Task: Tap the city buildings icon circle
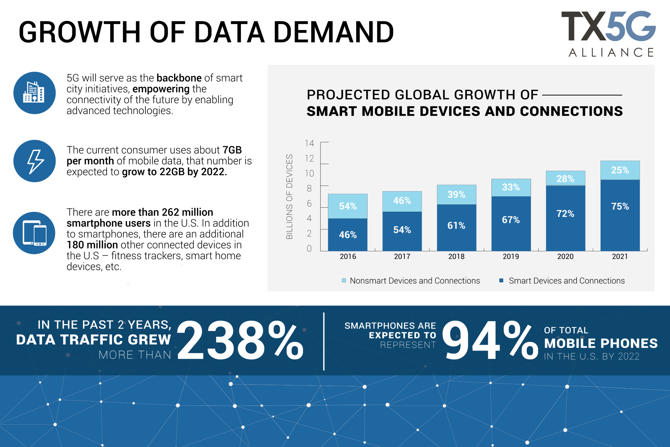[35, 93]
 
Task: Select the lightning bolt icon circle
[35, 161]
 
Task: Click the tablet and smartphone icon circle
[34, 233]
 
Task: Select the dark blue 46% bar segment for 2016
[348, 235]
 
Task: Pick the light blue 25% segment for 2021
[620, 170]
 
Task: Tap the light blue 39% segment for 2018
[456, 194]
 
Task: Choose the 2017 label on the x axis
[402, 257]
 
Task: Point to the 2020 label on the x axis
[565, 257]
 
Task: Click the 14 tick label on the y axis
[309, 143]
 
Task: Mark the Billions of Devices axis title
[289, 197]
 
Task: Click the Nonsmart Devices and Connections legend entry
[411, 281]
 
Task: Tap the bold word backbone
[179, 78]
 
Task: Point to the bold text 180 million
[92, 245]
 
